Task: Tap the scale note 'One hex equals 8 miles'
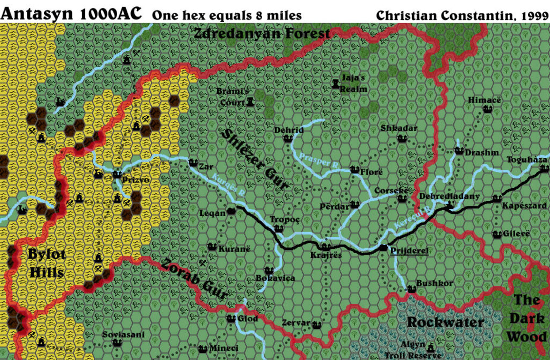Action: tap(227, 16)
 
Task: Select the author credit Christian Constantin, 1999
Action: tap(461, 15)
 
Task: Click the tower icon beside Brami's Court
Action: tap(250, 102)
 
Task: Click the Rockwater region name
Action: tap(445, 322)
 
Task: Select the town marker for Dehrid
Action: tap(287, 139)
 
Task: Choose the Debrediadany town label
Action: tap(449, 196)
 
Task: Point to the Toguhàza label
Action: tap(527, 160)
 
